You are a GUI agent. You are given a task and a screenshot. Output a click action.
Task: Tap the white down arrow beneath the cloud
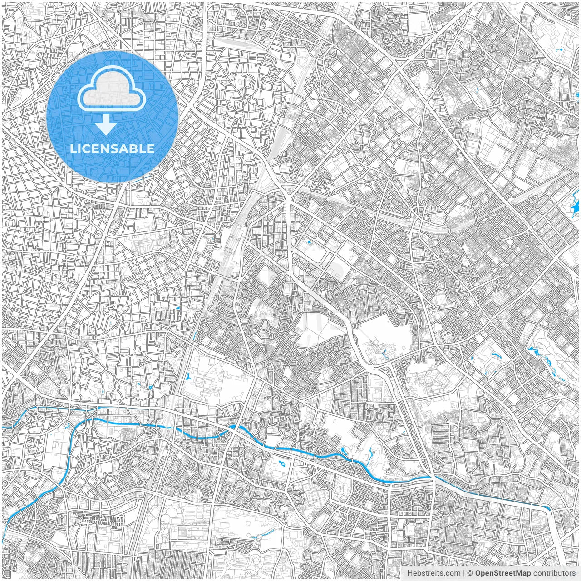pyautogui.click(x=106, y=125)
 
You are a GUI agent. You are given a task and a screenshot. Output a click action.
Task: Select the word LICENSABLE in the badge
pyautogui.click(x=112, y=148)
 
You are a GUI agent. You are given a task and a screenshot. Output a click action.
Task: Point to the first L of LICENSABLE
pyautogui.click(x=72, y=148)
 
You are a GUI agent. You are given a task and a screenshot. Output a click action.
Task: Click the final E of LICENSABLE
pyautogui.click(x=151, y=148)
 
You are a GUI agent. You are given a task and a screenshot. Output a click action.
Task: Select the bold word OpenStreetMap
pyautogui.click(x=503, y=573)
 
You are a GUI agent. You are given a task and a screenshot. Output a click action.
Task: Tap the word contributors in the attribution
pyautogui.click(x=554, y=573)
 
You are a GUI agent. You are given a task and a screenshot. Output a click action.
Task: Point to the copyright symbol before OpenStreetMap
pyautogui.click(x=470, y=573)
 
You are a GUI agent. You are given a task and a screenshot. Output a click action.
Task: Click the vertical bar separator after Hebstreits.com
pyautogui.click(x=464, y=573)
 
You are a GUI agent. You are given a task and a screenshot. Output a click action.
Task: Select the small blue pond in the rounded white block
pyautogui.click(x=310, y=242)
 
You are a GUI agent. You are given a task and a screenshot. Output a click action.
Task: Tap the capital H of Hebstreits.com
pyautogui.click(x=409, y=573)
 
